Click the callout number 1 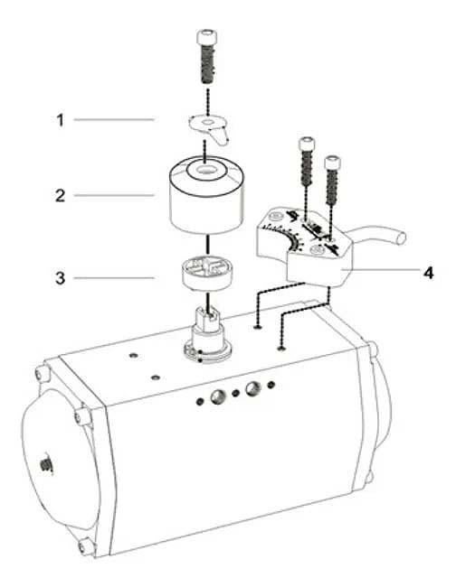point(60,120)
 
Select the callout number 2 point(61,195)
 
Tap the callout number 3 point(61,278)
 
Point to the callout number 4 point(428,273)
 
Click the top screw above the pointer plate point(206,57)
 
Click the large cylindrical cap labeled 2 point(207,195)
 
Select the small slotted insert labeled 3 point(205,275)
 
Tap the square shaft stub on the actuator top point(207,317)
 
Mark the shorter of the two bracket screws point(332,181)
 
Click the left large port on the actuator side point(218,397)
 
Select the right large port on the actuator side point(254,387)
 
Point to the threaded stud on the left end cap point(46,465)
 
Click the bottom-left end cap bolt point(86,545)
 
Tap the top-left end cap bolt point(43,373)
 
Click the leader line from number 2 point(114,195)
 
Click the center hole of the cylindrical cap point(205,171)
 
